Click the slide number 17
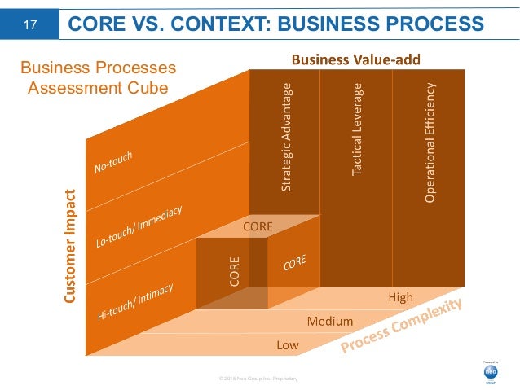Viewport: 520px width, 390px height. point(29,25)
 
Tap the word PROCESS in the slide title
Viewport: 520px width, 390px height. point(429,25)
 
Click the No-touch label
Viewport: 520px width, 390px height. point(113,162)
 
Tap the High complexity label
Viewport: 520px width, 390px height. point(400,297)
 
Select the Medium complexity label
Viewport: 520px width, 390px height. point(329,321)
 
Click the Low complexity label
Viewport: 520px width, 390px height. point(288,345)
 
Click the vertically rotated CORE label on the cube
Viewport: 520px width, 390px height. point(233,271)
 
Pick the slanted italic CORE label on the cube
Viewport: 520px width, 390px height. point(295,265)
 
